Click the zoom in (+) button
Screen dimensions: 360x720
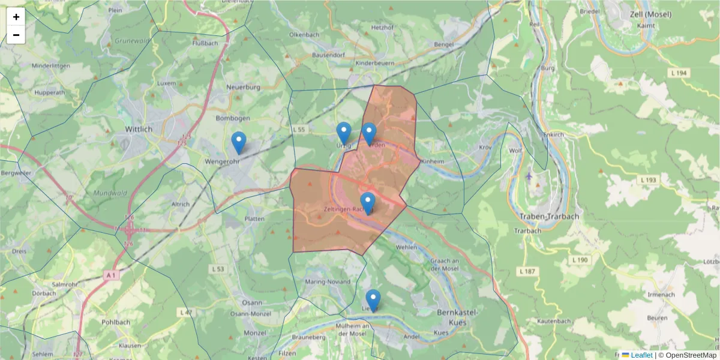(16, 17)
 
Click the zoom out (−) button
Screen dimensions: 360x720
(16, 35)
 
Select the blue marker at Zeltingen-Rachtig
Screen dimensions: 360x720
(368, 203)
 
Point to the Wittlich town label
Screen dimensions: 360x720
(139, 129)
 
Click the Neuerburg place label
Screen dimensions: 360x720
(242, 87)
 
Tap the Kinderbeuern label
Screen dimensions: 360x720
(375, 62)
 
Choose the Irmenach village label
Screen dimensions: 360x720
(662, 295)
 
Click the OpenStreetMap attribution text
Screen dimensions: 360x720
(687, 355)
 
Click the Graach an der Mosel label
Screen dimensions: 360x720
(445, 266)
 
